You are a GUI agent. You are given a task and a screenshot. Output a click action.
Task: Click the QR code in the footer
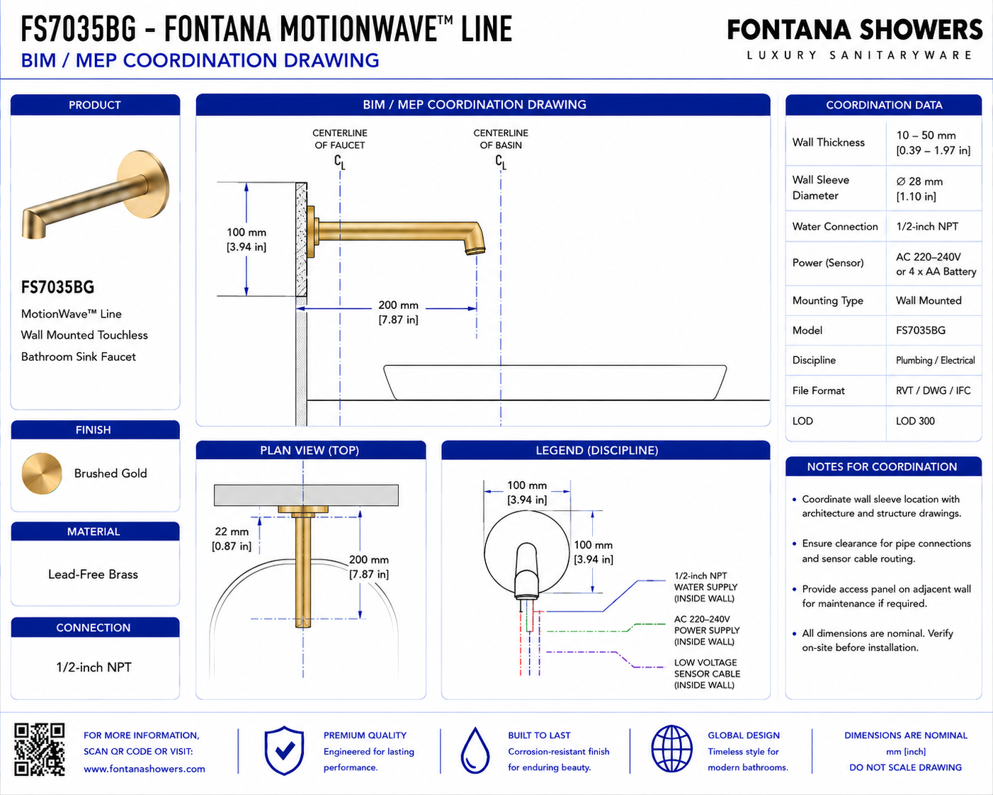[x=39, y=750]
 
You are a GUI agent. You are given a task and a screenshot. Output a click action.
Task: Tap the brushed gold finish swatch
[x=42, y=473]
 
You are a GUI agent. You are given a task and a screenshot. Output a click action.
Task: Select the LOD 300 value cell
[x=915, y=421]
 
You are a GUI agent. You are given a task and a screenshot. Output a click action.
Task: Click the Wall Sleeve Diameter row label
[x=820, y=188]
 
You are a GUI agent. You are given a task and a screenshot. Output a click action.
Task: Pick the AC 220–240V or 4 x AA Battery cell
[x=936, y=264]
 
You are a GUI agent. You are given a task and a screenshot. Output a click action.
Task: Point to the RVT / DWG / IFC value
[x=933, y=390]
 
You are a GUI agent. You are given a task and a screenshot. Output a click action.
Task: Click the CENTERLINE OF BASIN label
[x=501, y=139]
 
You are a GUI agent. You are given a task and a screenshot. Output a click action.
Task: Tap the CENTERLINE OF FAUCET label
[x=339, y=139]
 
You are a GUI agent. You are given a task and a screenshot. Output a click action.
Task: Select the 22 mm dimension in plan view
[x=231, y=539]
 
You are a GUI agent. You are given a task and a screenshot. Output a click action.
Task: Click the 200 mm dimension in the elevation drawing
[x=398, y=312]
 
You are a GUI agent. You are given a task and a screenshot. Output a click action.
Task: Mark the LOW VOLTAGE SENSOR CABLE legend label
[x=707, y=674]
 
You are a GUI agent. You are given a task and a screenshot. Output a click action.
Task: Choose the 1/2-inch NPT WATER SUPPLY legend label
[x=705, y=587]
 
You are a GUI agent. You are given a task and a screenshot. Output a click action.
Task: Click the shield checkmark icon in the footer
[x=284, y=750]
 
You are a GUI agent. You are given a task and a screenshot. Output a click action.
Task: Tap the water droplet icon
[x=475, y=750]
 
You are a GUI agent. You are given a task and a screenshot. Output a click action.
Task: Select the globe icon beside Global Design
[x=671, y=748]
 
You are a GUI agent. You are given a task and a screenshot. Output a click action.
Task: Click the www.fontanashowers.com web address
[x=144, y=769]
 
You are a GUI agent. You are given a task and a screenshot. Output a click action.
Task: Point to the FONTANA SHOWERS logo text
[x=855, y=30]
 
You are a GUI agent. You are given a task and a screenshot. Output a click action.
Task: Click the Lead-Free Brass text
[x=93, y=575]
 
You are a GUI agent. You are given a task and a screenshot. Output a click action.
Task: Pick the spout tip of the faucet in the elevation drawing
[x=475, y=251]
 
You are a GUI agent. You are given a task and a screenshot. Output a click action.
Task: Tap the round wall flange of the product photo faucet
[x=143, y=184]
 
